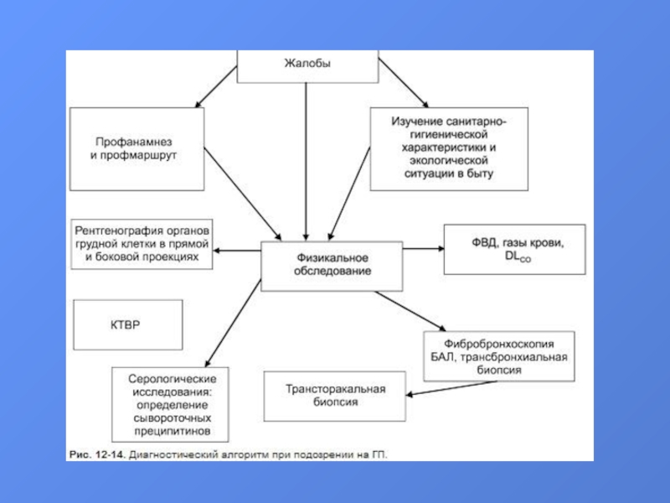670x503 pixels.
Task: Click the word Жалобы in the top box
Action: pyautogui.click(x=307, y=64)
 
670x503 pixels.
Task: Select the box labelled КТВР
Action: pyautogui.click(x=128, y=324)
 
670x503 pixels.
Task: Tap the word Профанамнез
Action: pyautogui.click(x=134, y=142)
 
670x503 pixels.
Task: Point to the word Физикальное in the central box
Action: pyautogui.click(x=332, y=258)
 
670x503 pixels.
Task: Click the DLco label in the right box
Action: pyautogui.click(x=518, y=257)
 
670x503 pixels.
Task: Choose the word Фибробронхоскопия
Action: pyautogui.click(x=498, y=344)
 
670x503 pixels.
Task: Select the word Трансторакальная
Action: pyautogui.click(x=336, y=389)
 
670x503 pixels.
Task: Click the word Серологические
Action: pyautogui.click(x=173, y=379)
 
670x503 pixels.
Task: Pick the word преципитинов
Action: pyautogui.click(x=173, y=431)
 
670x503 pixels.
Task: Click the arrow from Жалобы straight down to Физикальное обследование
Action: pyautogui.click(x=306, y=162)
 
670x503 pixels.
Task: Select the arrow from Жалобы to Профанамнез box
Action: pyautogui.click(x=216, y=87)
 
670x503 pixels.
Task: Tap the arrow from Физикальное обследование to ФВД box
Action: pyautogui.click(x=424, y=248)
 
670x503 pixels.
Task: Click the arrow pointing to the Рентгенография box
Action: pyautogui.click(x=237, y=250)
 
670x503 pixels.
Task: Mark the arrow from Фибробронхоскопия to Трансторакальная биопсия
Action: pyautogui.click(x=451, y=388)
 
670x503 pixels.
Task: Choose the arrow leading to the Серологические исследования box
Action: pyautogui.click(x=233, y=324)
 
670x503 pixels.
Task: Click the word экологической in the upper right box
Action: pyautogui.click(x=449, y=160)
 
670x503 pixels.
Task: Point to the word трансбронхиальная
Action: pyautogui.click(x=513, y=357)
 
